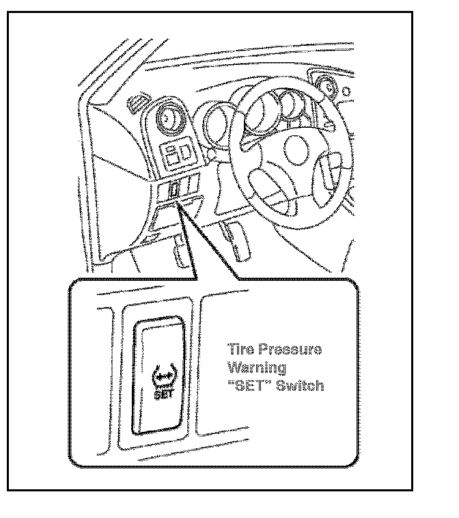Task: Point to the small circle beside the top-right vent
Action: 346,90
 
